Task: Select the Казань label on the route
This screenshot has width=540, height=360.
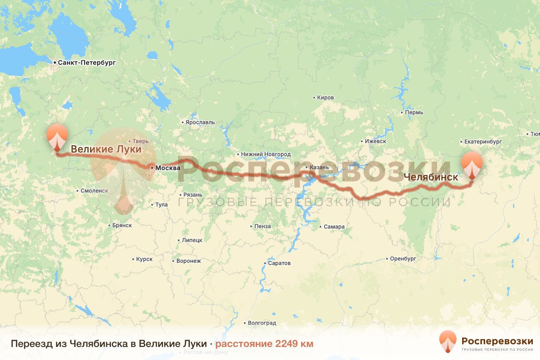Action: [319, 168]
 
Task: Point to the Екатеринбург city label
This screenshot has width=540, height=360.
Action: [483, 141]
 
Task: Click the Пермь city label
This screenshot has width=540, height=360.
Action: [414, 112]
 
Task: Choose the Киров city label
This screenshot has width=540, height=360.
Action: [325, 98]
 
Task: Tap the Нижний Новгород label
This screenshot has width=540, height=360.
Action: [265, 154]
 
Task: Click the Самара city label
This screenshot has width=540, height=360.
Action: [334, 227]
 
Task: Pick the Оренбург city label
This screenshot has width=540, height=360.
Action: [403, 259]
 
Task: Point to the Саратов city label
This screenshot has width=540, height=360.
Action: [279, 263]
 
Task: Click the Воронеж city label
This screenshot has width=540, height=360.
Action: [188, 261]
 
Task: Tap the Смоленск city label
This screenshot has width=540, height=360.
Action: [94, 191]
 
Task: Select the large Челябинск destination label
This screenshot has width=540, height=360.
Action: [431, 177]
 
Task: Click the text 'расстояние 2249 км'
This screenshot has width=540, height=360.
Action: [264, 344]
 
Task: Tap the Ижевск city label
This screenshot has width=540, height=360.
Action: [375, 141]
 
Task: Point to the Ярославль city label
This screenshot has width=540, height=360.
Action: [200, 122]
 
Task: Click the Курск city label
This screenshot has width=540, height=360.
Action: [144, 259]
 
